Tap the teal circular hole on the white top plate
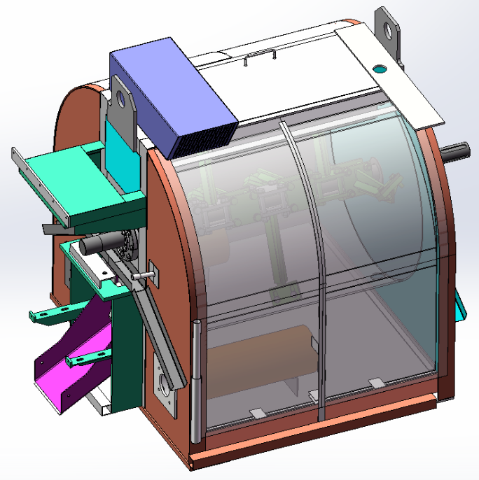pyautogui.click(x=380, y=69)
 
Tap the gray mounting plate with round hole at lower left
pyautogui.click(x=163, y=387)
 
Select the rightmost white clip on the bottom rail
pyautogui.click(x=376, y=383)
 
